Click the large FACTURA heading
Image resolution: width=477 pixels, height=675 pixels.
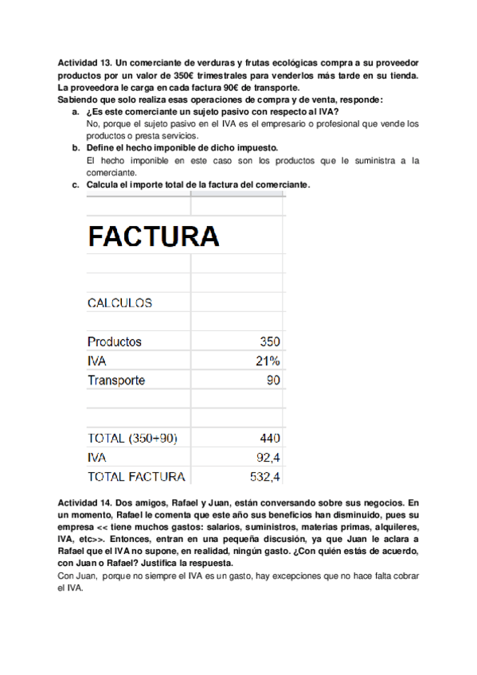153,236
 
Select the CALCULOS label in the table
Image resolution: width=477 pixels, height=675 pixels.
119,303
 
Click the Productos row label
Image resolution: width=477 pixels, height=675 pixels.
115,341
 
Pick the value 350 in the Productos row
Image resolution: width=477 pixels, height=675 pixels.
270,341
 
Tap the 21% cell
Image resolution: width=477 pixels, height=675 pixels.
268,361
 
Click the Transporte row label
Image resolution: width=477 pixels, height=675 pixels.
116,380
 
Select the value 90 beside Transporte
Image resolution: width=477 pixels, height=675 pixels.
273,380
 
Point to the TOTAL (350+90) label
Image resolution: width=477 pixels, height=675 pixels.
132,438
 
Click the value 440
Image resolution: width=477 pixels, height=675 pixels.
270,438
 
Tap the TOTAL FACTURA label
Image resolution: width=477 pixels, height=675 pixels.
136,477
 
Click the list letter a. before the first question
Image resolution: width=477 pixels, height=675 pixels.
76,112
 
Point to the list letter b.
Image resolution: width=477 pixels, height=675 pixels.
76,148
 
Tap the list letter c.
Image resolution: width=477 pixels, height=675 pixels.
76,185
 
